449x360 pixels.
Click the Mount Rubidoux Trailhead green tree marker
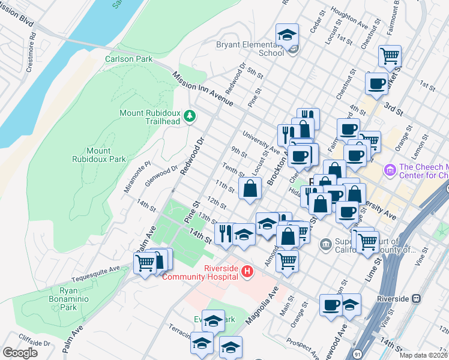(190, 115)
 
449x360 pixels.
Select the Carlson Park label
(128, 59)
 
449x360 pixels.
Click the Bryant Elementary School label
(251, 49)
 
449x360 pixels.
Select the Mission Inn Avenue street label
(202, 89)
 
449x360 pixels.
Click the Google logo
(20, 352)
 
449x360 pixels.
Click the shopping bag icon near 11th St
(250, 188)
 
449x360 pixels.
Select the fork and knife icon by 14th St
(225, 233)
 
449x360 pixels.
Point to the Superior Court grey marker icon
(325, 244)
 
